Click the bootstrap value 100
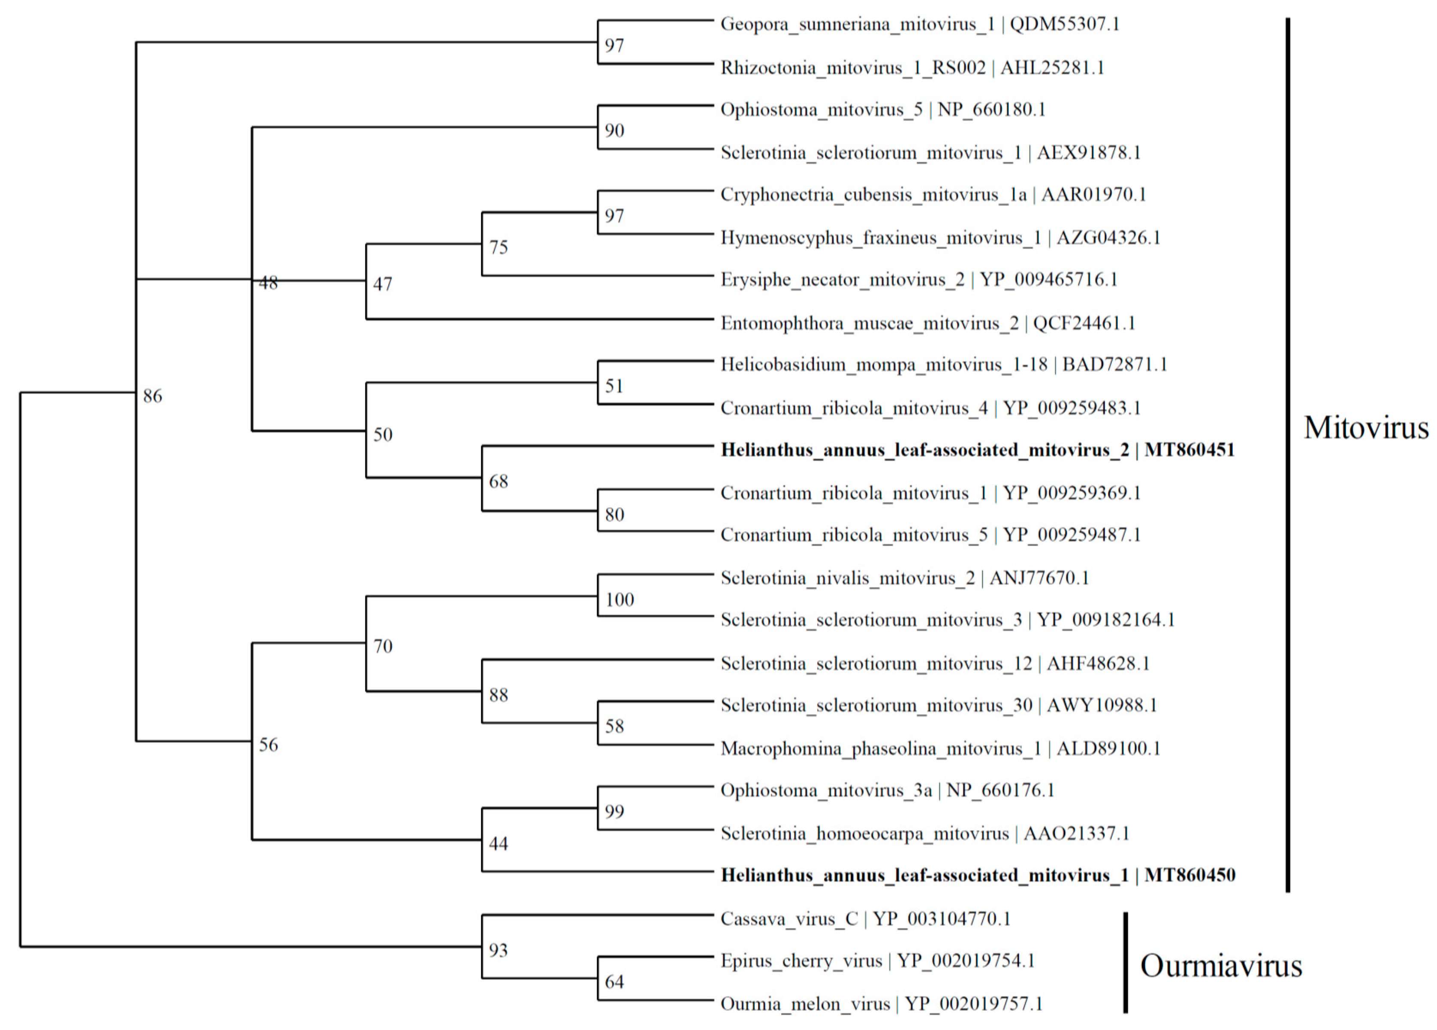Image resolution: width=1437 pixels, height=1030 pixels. point(619,600)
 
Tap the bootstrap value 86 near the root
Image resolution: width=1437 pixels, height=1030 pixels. point(152,396)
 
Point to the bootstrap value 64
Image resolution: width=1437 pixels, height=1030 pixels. point(614,982)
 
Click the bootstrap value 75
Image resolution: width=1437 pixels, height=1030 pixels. point(498,247)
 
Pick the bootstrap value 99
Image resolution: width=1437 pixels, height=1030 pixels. point(614,811)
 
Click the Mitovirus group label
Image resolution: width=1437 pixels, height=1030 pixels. point(1365,428)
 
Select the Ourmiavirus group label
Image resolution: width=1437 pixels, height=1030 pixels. point(1220,966)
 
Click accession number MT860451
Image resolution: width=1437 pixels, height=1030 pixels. point(1189,450)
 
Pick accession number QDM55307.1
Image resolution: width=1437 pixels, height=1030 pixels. point(1064,24)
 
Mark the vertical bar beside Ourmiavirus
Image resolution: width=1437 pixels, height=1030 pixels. point(1125,962)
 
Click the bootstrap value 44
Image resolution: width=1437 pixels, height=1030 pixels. point(498,844)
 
